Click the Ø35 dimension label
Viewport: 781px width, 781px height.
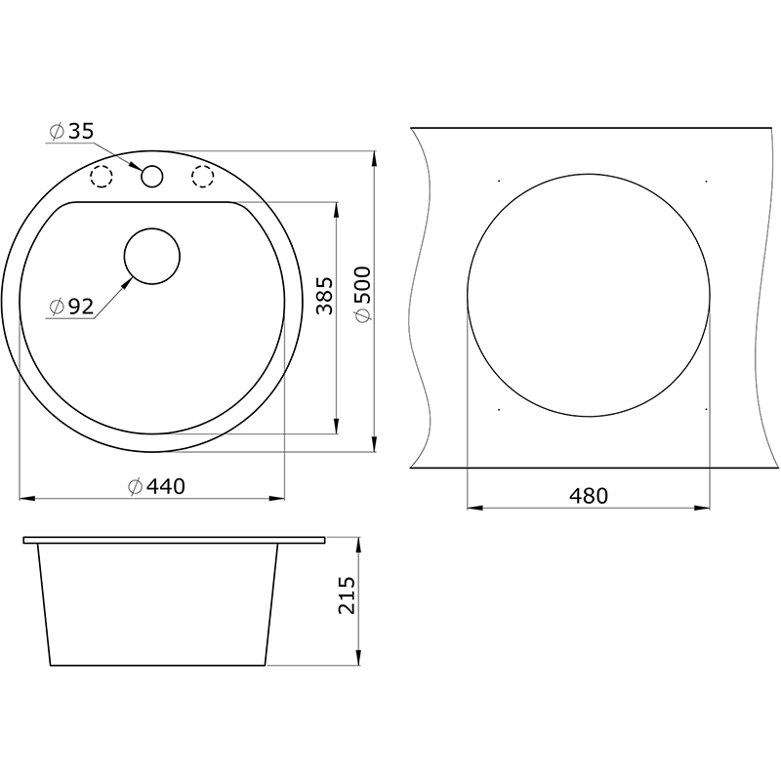pos(71,132)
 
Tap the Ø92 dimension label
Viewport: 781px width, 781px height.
pos(71,307)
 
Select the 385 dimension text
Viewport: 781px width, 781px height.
pos(324,296)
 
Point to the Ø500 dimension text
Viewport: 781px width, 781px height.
pos(362,294)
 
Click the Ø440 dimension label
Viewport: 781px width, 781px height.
pos(156,486)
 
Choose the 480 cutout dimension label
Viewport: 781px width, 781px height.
pos(589,496)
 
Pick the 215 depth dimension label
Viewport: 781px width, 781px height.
pos(347,596)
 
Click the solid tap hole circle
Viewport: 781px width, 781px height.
pos(152,177)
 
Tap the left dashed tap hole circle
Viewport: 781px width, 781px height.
pos(102,177)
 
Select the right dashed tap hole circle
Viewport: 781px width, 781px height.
pos(203,177)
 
